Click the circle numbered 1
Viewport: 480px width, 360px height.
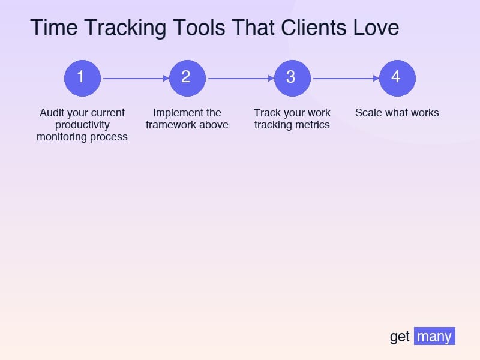pyautogui.click(x=82, y=78)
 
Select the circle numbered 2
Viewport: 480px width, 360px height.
pyautogui.click(x=187, y=78)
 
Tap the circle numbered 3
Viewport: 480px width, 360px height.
pyautogui.click(x=292, y=78)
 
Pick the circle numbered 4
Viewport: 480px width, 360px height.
pyautogui.click(x=397, y=78)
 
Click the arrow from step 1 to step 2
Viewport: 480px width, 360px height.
pyautogui.click(x=135, y=78)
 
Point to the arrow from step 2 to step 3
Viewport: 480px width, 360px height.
pyautogui.click(x=240, y=78)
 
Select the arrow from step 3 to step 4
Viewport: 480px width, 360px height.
pyautogui.click(x=345, y=78)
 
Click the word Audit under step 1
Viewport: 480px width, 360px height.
pyautogui.click(x=52, y=113)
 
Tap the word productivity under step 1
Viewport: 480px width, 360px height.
pyautogui.click(x=82, y=125)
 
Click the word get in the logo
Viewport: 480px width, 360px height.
pyautogui.click(x=400, y=337)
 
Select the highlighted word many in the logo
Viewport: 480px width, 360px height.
pyautogui.click(x=434, y=337)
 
